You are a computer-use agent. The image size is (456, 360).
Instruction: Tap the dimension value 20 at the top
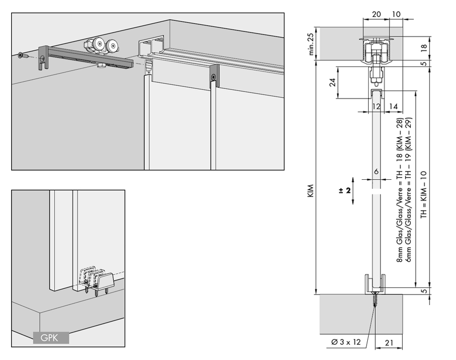pos(376,15)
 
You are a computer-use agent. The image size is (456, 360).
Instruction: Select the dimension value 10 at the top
pos(396,15)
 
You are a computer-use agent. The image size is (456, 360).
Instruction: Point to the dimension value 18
pos(424,48)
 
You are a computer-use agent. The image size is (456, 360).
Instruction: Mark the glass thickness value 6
pos(376,172)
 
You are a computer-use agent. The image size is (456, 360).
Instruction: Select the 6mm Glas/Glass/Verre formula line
pos(408,190)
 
